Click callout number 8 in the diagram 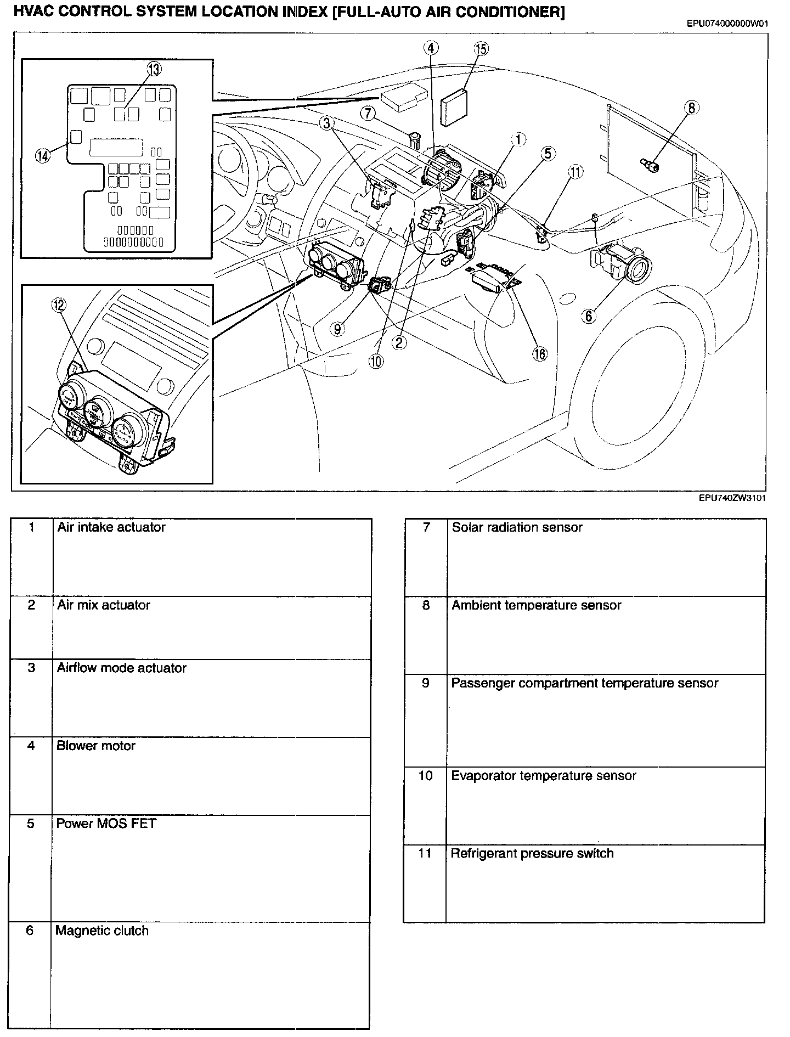691,108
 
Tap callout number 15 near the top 481,49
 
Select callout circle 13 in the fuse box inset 154,69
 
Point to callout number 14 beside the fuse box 42,156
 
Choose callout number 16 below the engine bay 540,354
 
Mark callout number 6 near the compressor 588,315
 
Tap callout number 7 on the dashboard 368,114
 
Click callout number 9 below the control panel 337,329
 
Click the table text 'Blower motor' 96,746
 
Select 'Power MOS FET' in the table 106,824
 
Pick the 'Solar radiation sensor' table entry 517,527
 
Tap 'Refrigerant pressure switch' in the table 532,853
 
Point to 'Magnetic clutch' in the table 102,931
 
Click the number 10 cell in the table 425,776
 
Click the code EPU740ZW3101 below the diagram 732,498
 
